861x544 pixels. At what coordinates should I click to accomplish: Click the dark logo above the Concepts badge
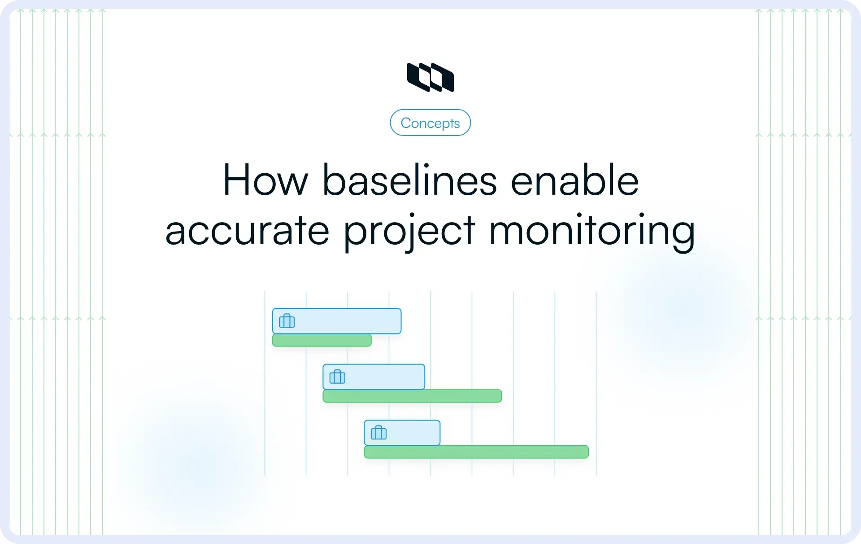(430, 77)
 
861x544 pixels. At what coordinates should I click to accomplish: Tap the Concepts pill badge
(430, 123)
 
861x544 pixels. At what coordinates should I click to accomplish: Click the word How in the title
(265, 180)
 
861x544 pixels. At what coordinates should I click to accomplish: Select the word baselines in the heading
(409, 180)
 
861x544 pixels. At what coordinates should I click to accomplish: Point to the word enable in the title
(574, 180)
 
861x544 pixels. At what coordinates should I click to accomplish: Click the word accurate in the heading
(247, 231)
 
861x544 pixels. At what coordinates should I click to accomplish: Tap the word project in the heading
(409, 231)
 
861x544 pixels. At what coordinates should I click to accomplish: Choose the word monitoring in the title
(591, 231)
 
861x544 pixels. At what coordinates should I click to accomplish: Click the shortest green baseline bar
(322, 340)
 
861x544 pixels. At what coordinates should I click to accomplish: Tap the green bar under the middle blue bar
(412, 396)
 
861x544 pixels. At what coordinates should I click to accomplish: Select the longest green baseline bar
(476, 452)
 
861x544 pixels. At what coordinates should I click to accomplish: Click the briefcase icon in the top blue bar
(287, 321)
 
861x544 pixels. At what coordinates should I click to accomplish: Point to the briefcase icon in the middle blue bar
(337, 377)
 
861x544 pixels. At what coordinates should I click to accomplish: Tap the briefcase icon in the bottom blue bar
(378, 433)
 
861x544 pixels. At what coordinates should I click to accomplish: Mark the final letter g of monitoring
(682, 233)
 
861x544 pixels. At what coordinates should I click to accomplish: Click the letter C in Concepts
(406, 123)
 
